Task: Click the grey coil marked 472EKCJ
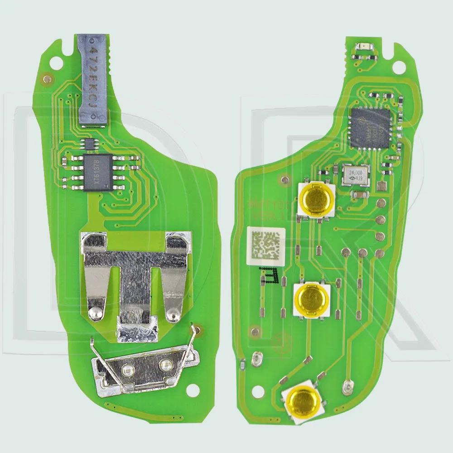(x=94, y=80)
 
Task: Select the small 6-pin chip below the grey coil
(x=90, y=144)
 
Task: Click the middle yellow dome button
(x=312, y=299)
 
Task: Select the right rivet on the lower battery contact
(x=164, y=364)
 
